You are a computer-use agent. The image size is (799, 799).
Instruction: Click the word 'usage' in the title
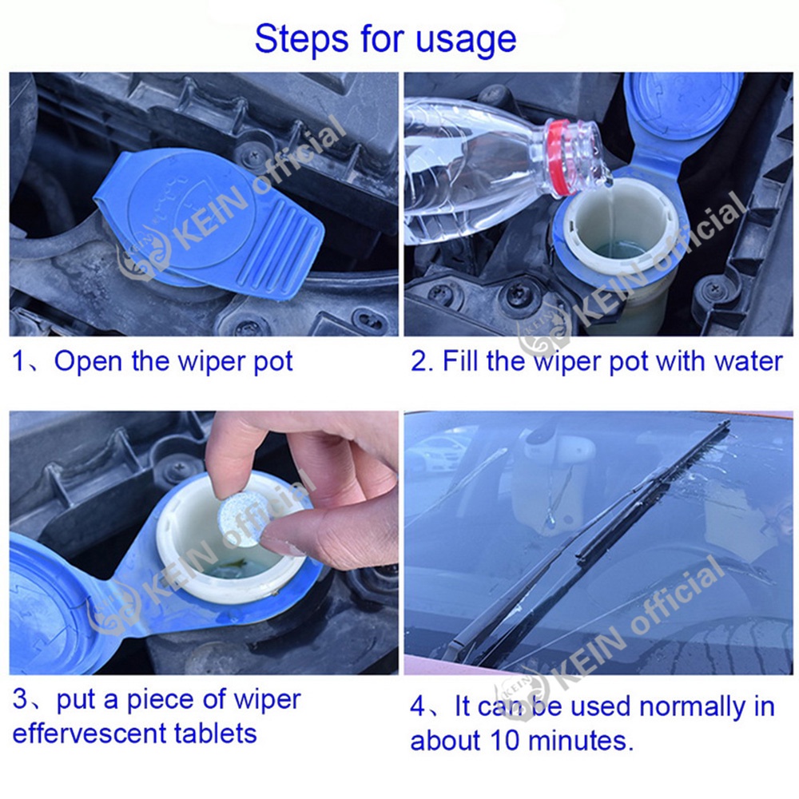click(x=466, y=40)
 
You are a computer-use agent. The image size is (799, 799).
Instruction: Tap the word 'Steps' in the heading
click(x=302, y=38)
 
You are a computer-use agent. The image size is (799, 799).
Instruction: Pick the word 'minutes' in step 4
click(x=578, y=741)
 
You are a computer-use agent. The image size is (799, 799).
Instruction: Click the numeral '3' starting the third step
click(x=19, y=700)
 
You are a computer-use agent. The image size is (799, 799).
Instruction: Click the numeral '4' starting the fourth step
click(x=417, y=707)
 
